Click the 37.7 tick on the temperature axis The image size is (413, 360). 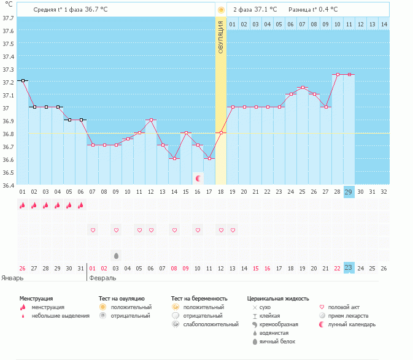tap(8, 18)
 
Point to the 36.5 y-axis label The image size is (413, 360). tap(8, 172)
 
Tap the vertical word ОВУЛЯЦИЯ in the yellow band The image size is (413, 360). tap(221, 37)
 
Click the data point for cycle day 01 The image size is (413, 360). tap(23, 80)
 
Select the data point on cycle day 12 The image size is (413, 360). tap(151, 120)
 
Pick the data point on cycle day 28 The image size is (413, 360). tap(338, 74)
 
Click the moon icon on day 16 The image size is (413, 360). tap(198, 178)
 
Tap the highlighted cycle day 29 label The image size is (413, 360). tap(349, 191)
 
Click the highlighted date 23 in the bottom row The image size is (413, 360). tap(349, 268)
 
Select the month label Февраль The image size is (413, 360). tap(102, 278)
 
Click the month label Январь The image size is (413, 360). tap(12, 278)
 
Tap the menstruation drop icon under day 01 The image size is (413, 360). tap(23, 205)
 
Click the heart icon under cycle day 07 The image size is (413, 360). tap(93, 230)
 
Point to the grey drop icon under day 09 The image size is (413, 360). tap(116, 255)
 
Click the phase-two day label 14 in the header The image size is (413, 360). tap(384, 24)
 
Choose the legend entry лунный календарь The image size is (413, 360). tap(352, 324)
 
